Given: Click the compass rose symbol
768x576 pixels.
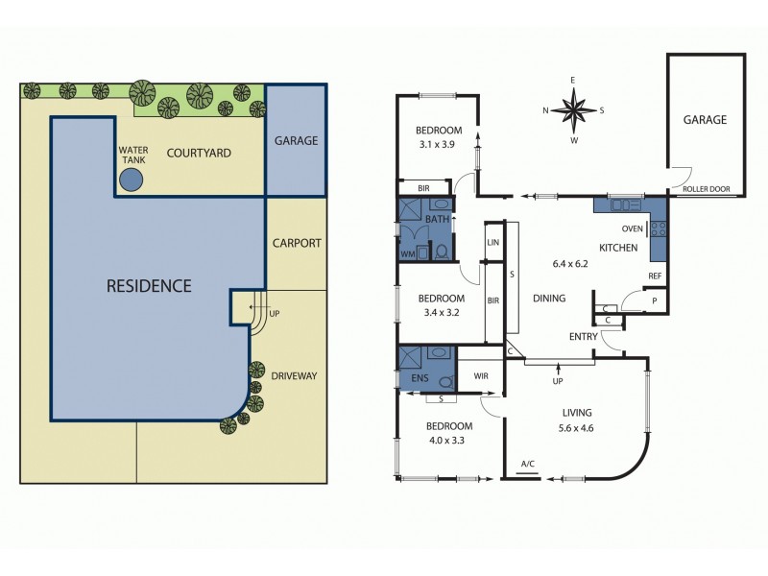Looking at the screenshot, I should coord(573,109).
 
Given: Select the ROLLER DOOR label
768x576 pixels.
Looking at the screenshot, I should coord(706,189).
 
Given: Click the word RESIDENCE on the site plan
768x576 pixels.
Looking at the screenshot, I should coord(148,285).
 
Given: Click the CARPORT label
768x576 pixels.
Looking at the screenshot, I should coord(297,243).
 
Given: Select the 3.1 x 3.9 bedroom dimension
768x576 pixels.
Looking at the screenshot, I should coord(439,146).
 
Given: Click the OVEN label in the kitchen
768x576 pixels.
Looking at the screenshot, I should coord(632,228).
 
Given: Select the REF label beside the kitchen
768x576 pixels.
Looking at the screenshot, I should coord(655,276).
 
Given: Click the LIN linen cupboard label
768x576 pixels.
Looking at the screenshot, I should coord(493,243).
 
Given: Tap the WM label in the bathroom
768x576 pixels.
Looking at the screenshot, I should coord(408,253).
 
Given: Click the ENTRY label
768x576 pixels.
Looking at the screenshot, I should coord(584,336).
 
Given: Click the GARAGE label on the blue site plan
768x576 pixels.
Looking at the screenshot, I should coord(296,140).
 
